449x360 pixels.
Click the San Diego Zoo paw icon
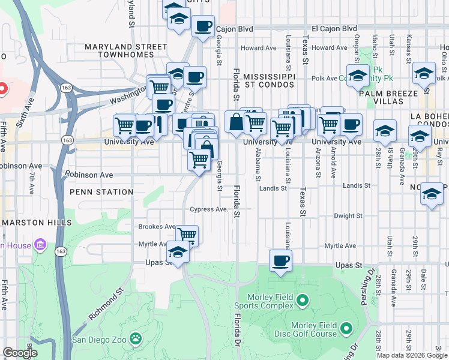tap(137, 339)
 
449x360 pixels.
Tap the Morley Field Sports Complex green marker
tap(303, 299)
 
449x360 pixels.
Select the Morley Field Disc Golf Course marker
tap(346, 328)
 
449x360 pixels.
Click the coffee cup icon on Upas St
tap(280, 260)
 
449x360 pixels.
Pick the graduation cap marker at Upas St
tap(178, 253)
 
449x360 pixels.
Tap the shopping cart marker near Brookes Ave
tap(187, 235)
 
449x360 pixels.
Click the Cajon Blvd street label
tap(234, 28)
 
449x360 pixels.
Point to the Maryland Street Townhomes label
tap(125, 50)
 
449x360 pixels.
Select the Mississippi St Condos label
tap(270, 81)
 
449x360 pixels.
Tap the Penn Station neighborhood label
tap(101, 192)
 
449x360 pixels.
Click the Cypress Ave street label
tap(209, 209)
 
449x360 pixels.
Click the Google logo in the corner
tap(20, 352)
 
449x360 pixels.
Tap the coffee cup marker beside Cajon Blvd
tap(203, 26)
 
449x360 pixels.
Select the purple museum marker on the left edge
tap(40, 245)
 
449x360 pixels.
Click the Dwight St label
tap(348, 215)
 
